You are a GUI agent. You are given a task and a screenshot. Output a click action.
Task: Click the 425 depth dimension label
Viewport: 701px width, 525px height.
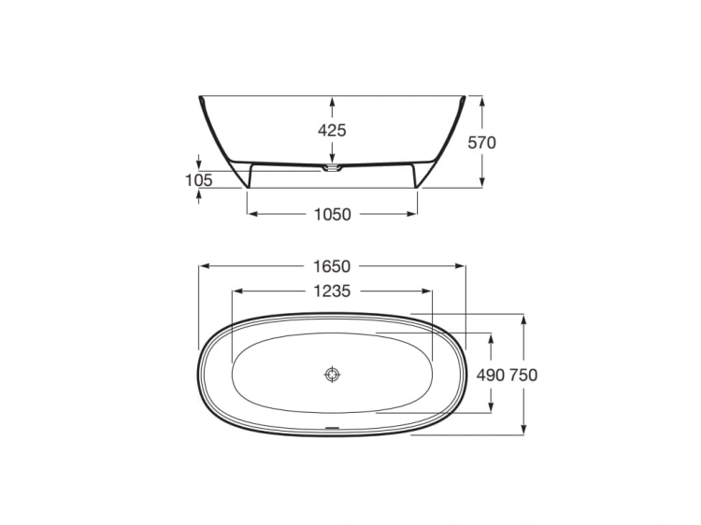click(x=332, y=131)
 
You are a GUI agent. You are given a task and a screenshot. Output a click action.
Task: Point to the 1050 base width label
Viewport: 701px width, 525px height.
click(x=332, y=215)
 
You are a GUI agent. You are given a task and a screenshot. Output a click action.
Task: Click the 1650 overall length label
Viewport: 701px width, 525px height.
click(x=332, y=266)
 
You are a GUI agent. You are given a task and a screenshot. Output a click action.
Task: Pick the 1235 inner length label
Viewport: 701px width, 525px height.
click(x=332, y=291)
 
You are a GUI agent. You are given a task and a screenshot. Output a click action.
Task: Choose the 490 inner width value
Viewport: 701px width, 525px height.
click(x=491, y=375)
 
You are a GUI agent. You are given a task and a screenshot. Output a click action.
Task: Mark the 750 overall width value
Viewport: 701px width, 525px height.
click(x=523, y=375)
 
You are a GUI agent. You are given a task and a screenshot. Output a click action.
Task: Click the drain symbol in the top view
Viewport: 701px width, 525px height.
click(x=333, y=375)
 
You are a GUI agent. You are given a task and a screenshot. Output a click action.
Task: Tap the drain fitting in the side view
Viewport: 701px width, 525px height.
click(x=333, y=169)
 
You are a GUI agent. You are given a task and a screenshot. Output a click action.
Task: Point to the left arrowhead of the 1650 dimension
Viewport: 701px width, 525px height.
click(x=203, y=266)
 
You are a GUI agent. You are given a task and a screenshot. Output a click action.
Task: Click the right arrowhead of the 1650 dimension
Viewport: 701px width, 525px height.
click(x=461, y=266)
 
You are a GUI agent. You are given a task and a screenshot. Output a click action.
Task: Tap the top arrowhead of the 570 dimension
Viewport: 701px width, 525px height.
click(x=481, y=100)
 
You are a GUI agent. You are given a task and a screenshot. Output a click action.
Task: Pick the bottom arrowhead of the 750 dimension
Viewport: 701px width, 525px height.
click(x=524, y=430)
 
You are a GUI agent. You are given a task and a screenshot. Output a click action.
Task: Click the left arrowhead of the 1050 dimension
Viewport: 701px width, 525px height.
click(x=251, y=215)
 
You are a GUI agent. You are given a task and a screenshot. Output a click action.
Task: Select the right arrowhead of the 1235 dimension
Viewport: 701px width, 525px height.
click(x=429, y=291)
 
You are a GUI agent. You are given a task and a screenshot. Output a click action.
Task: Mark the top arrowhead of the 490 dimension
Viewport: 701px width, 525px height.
click(x=491, y=337)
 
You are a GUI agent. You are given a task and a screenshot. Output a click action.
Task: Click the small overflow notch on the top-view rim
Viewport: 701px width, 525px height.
click(x=332, y=431)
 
